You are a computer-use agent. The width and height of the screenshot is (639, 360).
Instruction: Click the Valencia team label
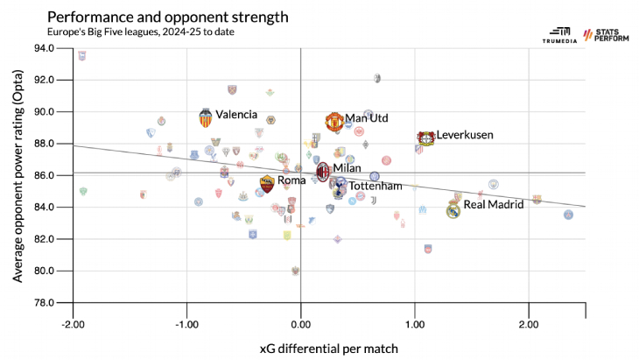click(x=236, y=115)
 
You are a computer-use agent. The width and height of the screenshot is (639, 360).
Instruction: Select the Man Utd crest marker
click(x=334, y=122)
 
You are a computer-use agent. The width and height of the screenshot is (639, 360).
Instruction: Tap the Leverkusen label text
click(x=465, y=135)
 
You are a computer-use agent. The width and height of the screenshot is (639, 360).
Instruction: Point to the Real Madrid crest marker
click(x=453, y=210)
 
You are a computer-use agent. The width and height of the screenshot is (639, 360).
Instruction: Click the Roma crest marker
click(x=267, y=184)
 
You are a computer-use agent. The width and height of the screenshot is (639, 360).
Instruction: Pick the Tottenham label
click(x=376, y=186)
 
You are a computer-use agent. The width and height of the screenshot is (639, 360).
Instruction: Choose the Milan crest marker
click(x=322, y=171)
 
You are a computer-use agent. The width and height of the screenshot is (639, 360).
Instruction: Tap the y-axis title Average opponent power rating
click(x=18, y=175)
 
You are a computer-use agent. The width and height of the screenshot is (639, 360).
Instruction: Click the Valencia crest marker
click(x=206, y=118)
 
